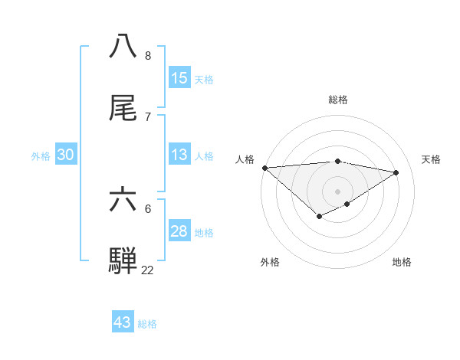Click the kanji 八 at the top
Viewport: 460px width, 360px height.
coord(123,46)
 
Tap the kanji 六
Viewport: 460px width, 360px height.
coord(123,199)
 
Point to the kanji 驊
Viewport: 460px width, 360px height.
coord(123,260)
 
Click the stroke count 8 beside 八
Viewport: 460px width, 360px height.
coord(147,56)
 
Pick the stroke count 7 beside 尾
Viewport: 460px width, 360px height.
coord(147,116)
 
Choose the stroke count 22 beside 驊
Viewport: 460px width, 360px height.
coord(147,270)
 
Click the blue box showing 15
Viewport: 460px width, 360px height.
coord(179,78)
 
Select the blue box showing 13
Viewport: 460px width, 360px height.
coord(179,155)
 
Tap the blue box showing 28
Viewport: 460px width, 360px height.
coord(179,231)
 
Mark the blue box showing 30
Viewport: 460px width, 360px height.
coord(66,155)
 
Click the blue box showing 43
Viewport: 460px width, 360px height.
coord(123,322)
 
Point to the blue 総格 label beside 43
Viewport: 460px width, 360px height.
coord(148,324)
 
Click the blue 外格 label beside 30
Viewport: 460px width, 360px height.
coord(41,156)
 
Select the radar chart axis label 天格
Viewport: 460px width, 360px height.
coord(432,159)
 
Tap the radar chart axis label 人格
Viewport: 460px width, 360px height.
coord(245,159)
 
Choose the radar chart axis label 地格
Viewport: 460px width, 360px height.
coord(402,263)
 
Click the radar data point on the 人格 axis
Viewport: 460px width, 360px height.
coord(264,168)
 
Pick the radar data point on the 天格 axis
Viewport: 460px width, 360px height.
coord(396,172)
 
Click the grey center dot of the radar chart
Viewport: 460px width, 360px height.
coord(337,191)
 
